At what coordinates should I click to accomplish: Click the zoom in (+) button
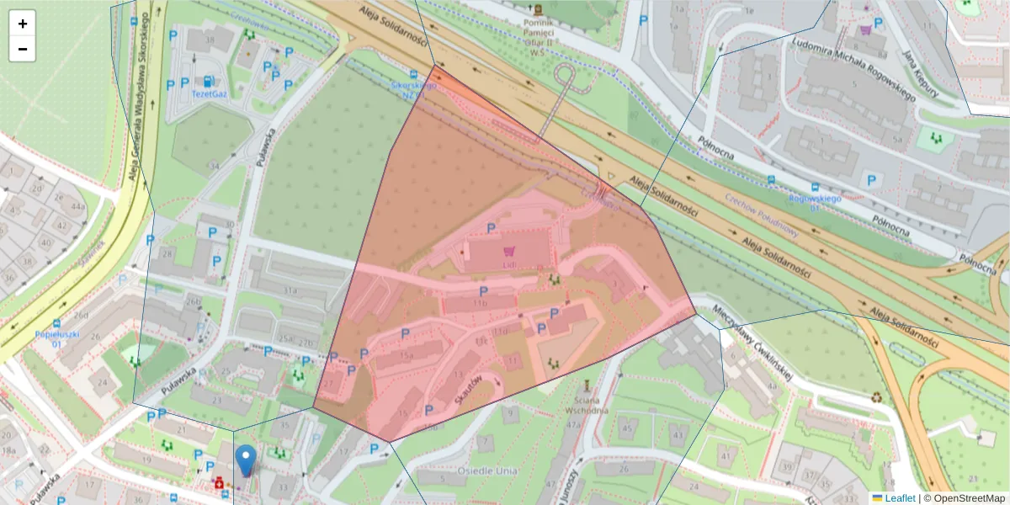(22, 24)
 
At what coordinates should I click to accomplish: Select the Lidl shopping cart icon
(508, 251)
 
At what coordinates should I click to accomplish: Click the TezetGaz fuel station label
(210, 93)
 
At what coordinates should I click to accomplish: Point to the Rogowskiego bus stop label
(815, 199)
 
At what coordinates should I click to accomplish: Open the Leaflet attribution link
(900, 498)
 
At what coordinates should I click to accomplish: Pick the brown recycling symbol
(876, 396)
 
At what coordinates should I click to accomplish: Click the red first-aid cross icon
(221, 483)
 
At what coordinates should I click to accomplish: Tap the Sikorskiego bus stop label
(413, 90)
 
